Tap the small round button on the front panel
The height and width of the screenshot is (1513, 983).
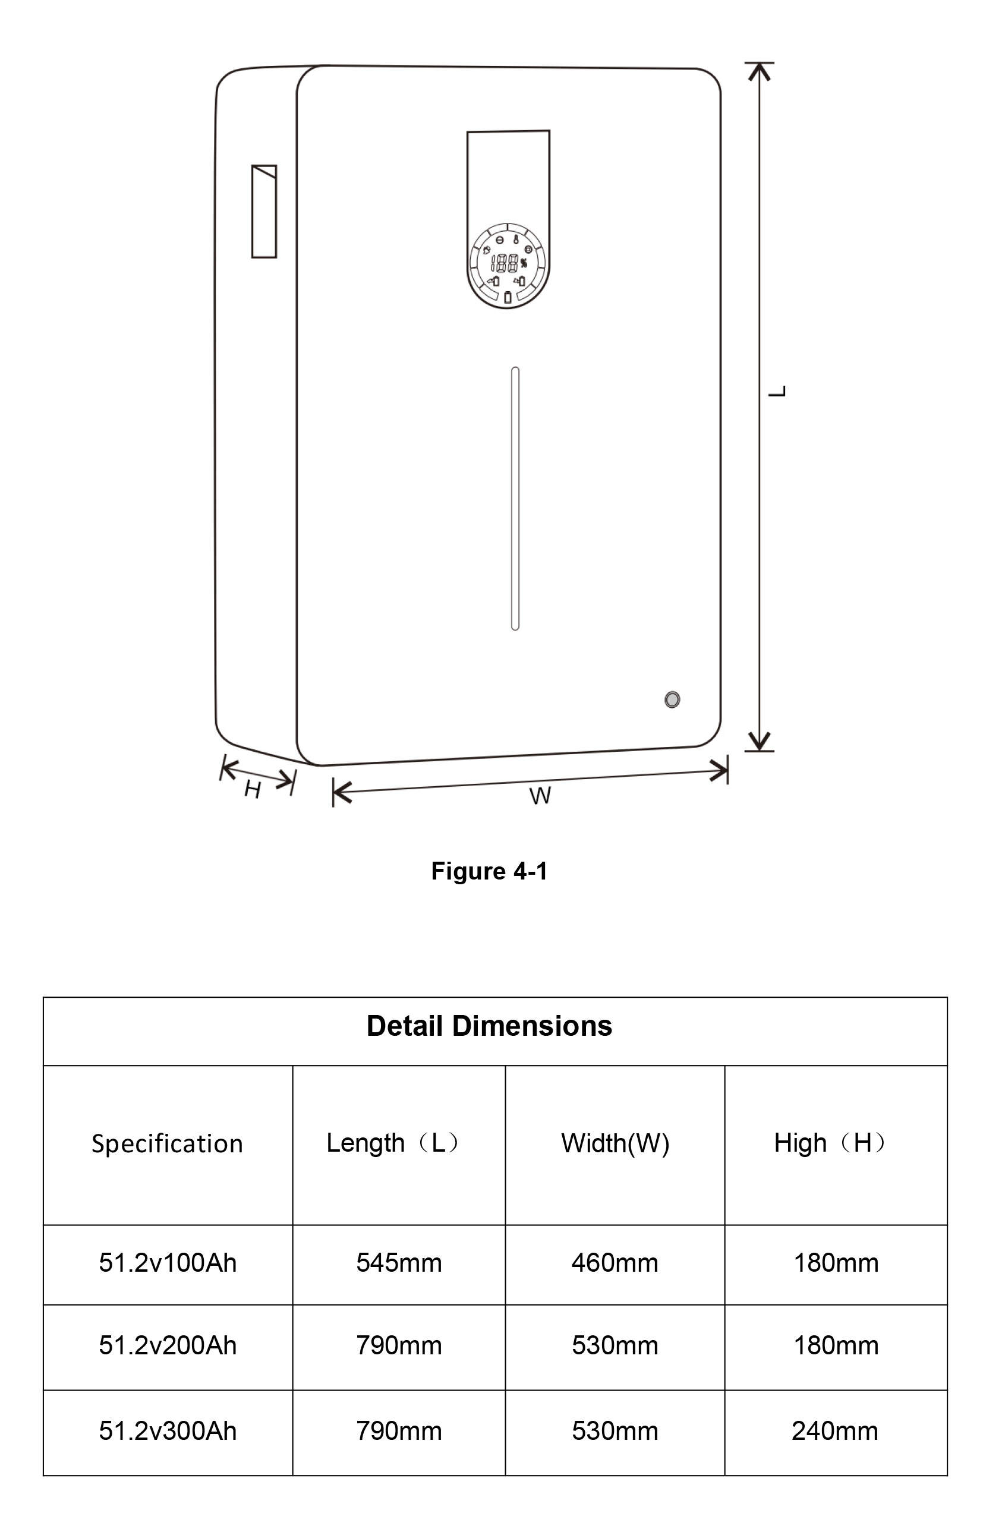click(672, 699)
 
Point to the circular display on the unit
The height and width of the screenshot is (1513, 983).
click(508, 265)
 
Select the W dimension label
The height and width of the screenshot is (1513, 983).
click(540, 796)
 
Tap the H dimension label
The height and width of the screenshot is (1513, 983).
click(253, 790)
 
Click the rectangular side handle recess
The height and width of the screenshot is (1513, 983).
click(264, 211)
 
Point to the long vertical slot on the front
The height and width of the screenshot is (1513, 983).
click(515, 499)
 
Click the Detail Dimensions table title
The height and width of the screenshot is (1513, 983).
click(489, 1026)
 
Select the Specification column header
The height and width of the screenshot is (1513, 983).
click(167, 1143)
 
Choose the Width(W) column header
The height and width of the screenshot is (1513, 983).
click(615, 1143)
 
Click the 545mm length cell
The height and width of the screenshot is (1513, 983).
click(399, 1263)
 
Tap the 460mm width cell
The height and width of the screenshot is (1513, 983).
click(615, 1263)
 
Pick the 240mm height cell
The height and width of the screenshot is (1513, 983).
click(835, 1431)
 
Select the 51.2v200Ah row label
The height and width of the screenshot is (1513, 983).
click(167, 1345)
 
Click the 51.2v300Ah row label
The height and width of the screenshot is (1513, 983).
click(167, 1431)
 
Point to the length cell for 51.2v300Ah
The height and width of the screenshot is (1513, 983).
click(399, 1431)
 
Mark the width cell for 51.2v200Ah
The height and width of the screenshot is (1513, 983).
click(615, 1345)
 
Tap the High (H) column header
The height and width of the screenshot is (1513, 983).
click(830, 1143)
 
